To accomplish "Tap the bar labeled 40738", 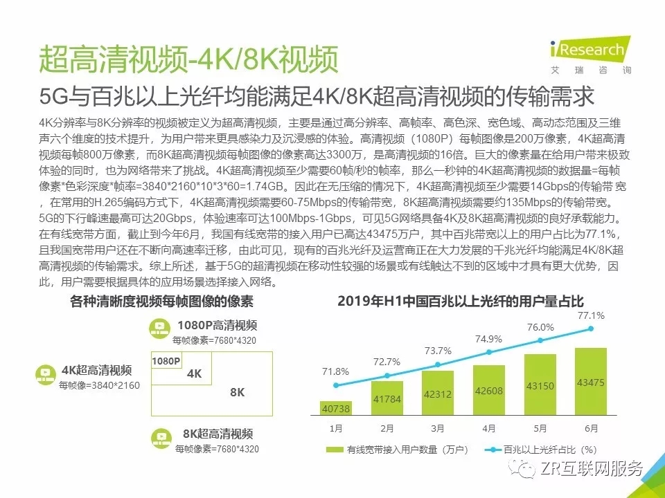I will (336, 409).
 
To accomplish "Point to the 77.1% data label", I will (591, 315).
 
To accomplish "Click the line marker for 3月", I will (438, 365).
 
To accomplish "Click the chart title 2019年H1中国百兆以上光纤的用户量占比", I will (461, 301).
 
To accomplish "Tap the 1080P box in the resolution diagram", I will (166, 361).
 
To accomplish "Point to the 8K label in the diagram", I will (238, 392).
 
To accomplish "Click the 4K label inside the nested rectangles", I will (195, 373).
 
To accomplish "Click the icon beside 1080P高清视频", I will (160, 327).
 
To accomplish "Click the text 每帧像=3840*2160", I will (99, 385).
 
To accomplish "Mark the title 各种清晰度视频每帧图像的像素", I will (162, 302).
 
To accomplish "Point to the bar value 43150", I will (540, 403).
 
